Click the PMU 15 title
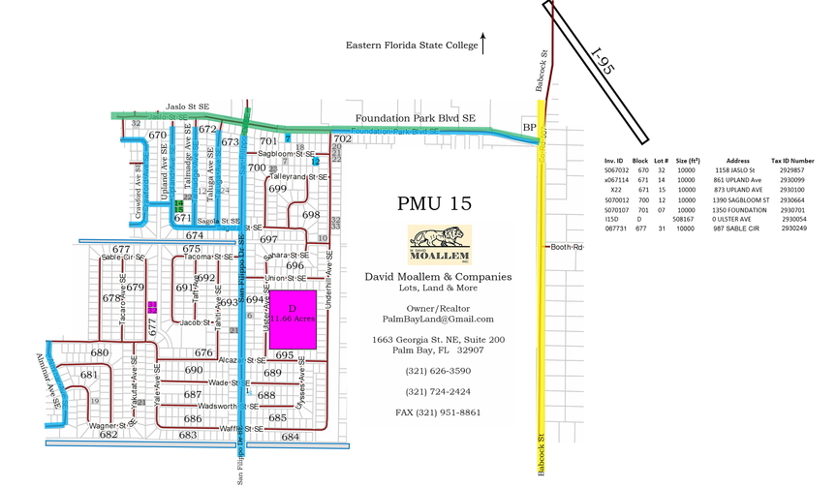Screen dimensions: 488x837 (434, 205)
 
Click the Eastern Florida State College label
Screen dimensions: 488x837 (412, 46)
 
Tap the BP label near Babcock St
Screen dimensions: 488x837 (529, 127)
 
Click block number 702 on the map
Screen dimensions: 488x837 (342, 139)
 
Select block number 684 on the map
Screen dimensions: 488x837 (291, 438)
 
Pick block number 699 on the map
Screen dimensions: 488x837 (278, 189)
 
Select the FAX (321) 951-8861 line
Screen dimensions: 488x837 (438, 412)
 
